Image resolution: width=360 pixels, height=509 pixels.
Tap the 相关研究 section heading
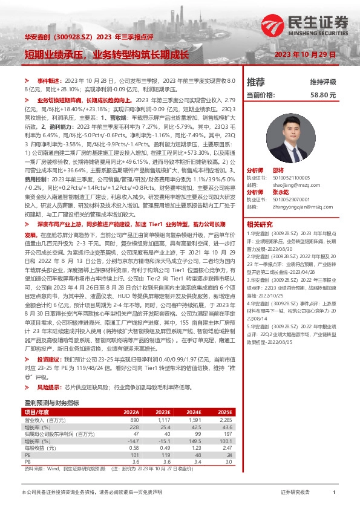click(260, 223)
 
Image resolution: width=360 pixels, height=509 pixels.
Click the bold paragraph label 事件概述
click(49, 80)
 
